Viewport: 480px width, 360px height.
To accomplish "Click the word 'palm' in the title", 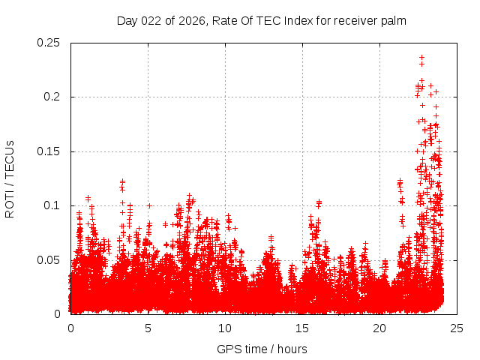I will pos(393,21).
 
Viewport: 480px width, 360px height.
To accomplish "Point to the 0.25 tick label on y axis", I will pos(50,43).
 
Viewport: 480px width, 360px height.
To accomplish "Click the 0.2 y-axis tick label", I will pos(53,97).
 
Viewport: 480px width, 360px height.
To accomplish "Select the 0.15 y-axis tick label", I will pos(50,151).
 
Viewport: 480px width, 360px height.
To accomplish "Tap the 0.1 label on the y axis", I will pos(53,205).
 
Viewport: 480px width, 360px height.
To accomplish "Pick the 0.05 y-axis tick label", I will pos(50,260).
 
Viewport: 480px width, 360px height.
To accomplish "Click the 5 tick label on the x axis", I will pos(148,328).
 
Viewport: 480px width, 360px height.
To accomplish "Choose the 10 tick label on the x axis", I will pos(225,328).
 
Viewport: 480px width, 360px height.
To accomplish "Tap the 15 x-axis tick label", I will pos(302,328).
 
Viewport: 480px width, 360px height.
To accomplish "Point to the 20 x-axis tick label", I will pos(379,328).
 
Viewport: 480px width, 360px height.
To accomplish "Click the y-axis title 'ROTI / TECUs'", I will pos(10,178).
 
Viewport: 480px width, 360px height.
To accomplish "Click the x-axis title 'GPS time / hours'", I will pos(262,349).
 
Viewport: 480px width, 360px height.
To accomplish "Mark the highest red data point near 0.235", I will pos(421,57).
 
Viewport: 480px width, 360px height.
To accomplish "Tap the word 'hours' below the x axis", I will pos(291,349).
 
